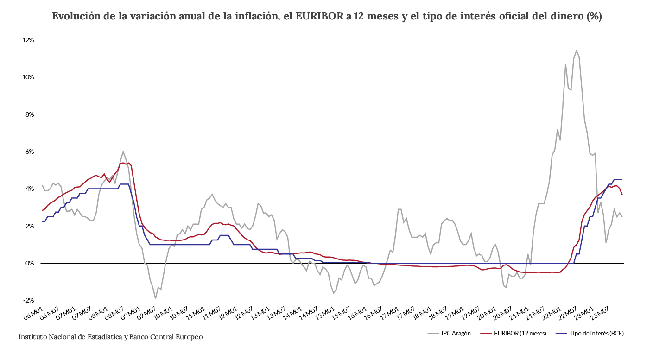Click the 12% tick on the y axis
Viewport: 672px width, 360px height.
click(28, 40)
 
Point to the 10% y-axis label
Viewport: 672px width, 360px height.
click(28, 77)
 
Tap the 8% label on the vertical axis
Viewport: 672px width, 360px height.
click(29, 114)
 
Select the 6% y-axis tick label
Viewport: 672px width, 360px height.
click(29, 152)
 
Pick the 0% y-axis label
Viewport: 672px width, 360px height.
click(29, 263)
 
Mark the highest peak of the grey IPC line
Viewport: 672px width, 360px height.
click(576, 51)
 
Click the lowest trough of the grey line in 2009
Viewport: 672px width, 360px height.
click(155, 298)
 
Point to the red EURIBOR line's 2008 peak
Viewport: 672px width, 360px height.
click(122, 163)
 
